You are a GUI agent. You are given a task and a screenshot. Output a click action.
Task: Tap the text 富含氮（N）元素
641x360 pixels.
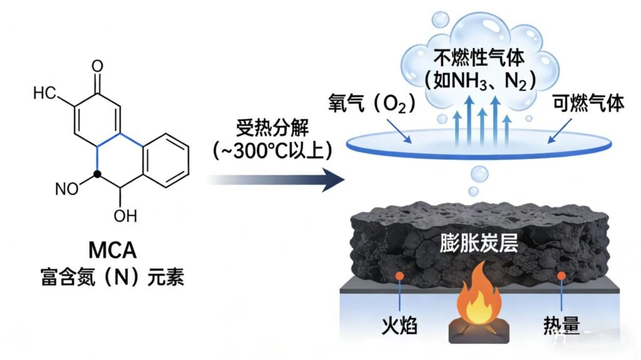[x=112, y=277]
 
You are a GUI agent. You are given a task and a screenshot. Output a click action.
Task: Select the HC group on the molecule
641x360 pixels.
[x=45, y=94]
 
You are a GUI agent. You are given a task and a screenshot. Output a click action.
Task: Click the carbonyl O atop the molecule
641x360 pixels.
[x=97, y=65]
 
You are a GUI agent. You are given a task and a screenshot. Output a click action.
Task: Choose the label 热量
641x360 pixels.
[x=562, y=326]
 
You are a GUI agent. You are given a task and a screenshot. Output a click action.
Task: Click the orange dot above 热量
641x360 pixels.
[x=562, y=275]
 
